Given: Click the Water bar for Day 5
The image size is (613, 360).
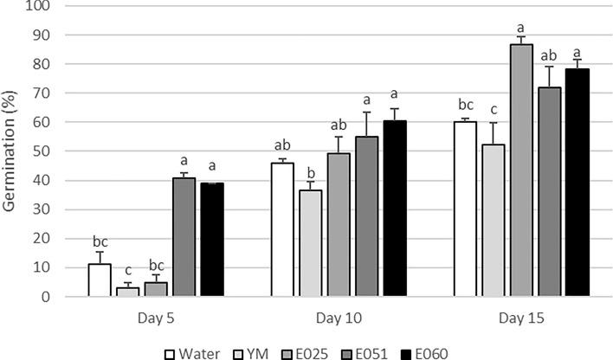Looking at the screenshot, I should (x=100, y=280).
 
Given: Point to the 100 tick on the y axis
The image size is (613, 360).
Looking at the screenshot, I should (x=39, y=6).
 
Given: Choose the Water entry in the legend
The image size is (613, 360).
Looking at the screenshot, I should (x=196, y=351).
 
